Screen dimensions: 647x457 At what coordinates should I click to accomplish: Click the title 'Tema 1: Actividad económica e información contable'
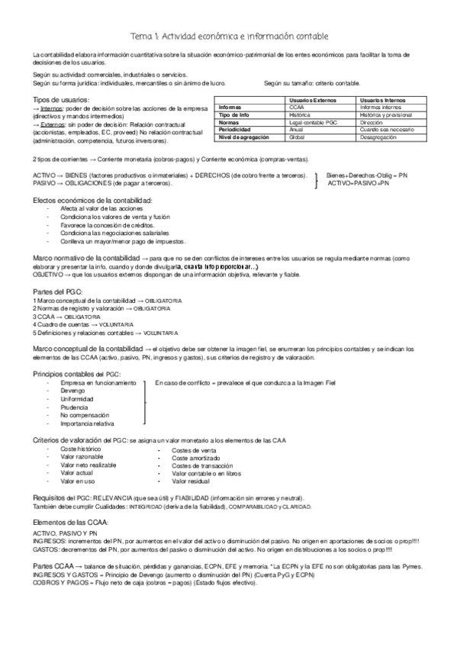[229, 36]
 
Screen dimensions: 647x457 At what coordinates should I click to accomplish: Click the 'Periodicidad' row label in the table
[234, 130]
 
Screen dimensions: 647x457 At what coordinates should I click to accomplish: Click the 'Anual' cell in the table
[297, 130]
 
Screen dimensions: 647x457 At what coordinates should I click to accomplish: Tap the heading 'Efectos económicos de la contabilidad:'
[92, 199]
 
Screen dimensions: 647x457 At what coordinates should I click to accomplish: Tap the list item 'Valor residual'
[191, 481]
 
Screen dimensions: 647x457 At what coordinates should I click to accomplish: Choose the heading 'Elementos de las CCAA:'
[70, 522]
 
